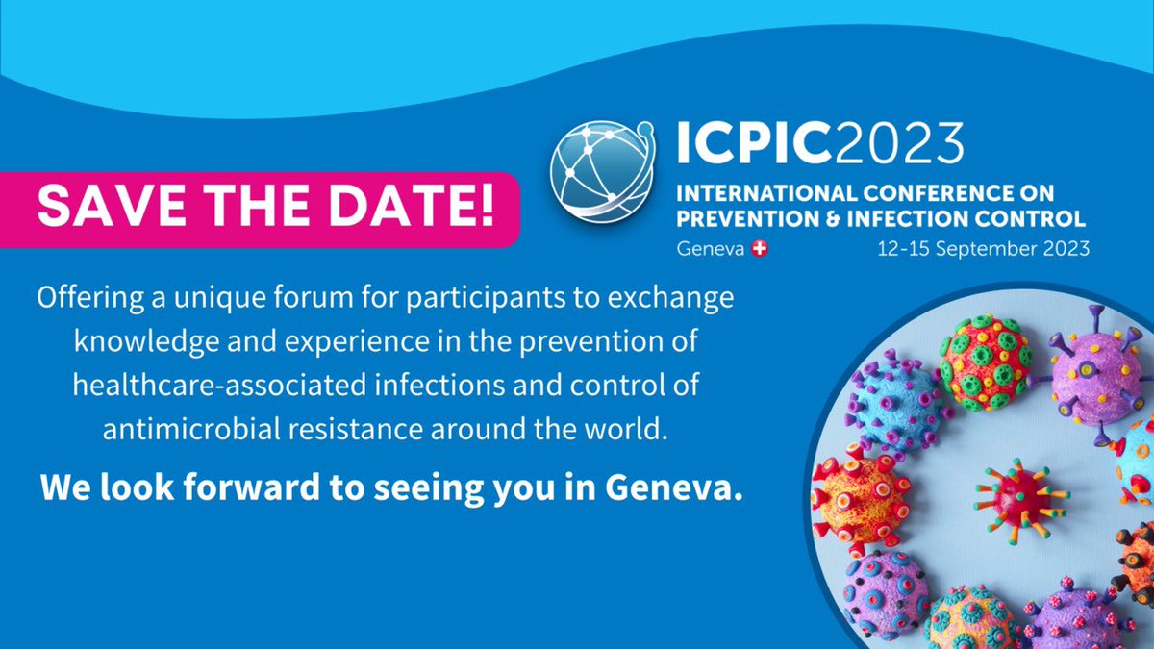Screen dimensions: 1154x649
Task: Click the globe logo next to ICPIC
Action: tap(603, 171)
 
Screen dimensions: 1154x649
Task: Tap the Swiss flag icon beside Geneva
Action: tap(760, 249)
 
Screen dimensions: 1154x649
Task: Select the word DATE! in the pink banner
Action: tap(412, 206)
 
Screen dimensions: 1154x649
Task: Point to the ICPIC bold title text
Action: tap(754, 142)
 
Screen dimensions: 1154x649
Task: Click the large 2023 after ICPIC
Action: tap(899, 142)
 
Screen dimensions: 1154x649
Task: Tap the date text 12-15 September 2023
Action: tap(984, 249)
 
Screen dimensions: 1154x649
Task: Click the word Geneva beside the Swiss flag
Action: tap(711, 249)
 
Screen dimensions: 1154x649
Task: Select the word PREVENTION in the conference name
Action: tap(747, 219)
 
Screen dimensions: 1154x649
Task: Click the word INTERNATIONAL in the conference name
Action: tap(766, 193)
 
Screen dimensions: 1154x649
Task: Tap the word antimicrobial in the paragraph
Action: tap(191, 429)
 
